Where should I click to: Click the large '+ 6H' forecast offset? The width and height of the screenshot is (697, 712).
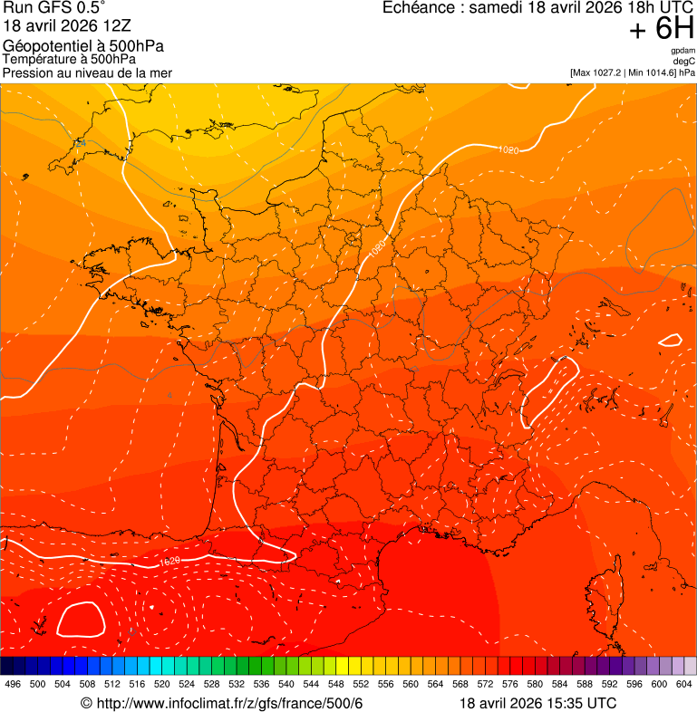[662, 31]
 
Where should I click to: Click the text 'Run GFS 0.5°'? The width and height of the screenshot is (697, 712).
[54, 9]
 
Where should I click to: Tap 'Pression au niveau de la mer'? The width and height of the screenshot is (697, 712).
[87, 72]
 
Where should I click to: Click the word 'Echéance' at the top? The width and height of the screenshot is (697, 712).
[418, 8]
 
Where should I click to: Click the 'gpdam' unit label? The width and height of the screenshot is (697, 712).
[682, 51]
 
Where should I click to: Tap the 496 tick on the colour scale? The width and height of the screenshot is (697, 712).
[13, 684]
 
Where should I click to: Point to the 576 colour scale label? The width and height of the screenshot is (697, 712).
[510, 684]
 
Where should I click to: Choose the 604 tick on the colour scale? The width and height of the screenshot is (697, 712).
[684, 684]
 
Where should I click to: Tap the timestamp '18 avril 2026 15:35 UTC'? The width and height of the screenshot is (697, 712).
[538, 704]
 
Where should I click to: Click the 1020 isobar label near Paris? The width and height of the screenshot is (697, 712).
[378, 246]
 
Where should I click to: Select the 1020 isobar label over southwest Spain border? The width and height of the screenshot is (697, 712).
[169, 562]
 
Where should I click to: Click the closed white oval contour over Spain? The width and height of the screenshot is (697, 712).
[81, 619]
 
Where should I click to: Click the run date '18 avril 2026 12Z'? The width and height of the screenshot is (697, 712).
[60, 26]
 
